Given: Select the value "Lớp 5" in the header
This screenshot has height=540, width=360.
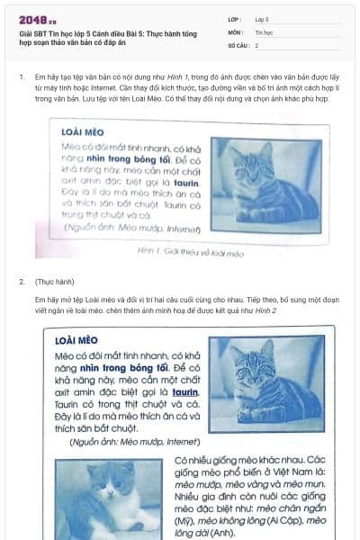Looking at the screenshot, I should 264,18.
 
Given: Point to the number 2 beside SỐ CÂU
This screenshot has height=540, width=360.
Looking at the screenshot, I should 256,44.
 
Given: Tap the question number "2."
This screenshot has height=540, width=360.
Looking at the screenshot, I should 21,283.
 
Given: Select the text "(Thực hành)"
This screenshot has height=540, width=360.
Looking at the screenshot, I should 51,283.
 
